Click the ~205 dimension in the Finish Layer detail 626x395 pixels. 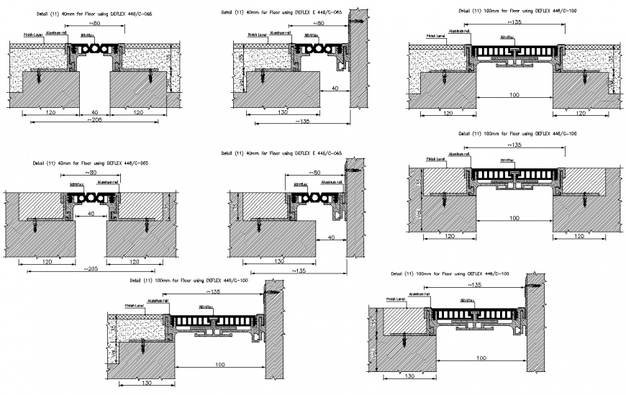click(x=96, y=120)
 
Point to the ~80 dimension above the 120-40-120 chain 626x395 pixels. click(x=94, y=24)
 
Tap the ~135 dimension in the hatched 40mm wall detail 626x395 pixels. click(x=301, y=271)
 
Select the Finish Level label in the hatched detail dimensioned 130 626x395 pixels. click(x=396, y=298)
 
